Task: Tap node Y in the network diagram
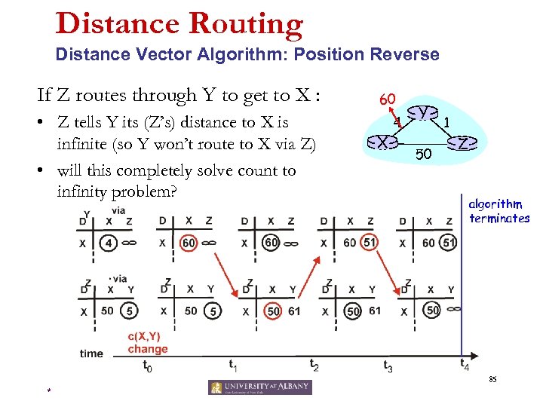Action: [425, 112]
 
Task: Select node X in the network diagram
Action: [383, 141]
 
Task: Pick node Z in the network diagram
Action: [464, 141]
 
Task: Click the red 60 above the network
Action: [388, 99]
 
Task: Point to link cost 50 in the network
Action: [423, 155]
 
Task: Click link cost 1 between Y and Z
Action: [448, 121]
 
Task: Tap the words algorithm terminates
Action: [499, 211]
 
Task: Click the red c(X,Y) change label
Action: [148, 343]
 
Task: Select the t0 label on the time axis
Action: [147, 367]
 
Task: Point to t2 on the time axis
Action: [314, 364]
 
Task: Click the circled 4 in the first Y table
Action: [109, 243]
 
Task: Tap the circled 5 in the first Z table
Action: [130, 311]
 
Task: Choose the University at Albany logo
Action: [259, 387]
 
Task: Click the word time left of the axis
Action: [91, 353]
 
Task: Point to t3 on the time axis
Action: [388, 367]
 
